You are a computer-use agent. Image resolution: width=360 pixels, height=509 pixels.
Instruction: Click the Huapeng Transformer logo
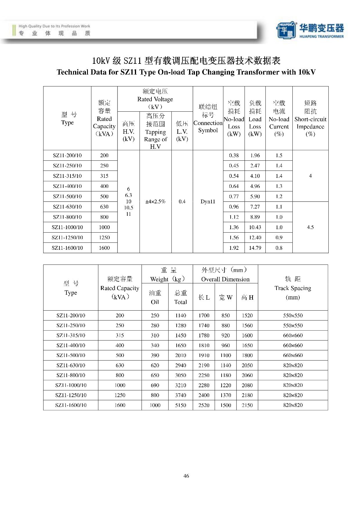tap(310, 30)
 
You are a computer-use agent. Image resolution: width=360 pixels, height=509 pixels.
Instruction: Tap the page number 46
tap(186, 476)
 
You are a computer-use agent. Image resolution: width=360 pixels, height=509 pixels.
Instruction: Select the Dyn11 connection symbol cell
tap(208, 202)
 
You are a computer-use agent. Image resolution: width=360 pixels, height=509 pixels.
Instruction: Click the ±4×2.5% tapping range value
tap(155, 202)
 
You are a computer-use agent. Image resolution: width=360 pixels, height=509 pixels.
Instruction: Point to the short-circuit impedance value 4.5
tap(310, 227)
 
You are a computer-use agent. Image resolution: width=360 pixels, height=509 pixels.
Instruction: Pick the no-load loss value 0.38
tap(234, 155)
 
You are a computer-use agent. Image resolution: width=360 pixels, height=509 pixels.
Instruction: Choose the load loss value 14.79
tap(255, 248)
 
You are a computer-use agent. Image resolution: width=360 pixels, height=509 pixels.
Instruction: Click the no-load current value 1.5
tap(279, 155)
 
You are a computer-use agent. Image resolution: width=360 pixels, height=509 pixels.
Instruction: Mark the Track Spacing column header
tap(293, 288)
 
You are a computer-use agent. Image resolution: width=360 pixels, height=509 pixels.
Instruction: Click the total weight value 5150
tap(180, 405)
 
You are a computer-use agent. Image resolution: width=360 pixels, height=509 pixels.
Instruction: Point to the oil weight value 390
tap(155, 355)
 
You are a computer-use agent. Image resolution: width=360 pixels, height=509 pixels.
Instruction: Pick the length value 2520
tap(204, 405)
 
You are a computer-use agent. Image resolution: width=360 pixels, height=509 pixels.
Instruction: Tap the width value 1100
tap(225, 355)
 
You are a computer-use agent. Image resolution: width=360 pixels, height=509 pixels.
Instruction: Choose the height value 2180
tap(247, 395)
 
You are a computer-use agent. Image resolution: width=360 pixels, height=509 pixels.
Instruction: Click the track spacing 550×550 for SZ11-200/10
tap(293, 315)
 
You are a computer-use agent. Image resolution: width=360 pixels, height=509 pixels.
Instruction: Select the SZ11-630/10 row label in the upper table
tap(67, 207)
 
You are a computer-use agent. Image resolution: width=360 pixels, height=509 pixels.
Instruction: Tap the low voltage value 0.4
tap(182, 202)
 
